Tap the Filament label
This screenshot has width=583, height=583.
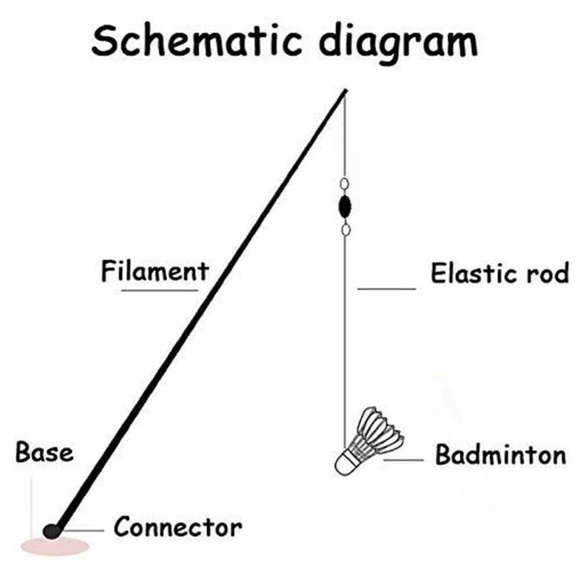click(x=154, y=271)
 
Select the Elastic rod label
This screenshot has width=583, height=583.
click(x=499, y=273)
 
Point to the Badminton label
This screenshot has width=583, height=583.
click(x=500, y=455)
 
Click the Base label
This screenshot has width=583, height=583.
click(x=45, y=453)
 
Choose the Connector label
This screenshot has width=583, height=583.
click(x=178, y=528)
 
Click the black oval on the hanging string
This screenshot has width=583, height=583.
click(x=345, y=206)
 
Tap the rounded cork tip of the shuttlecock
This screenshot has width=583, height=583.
click(x=344, y=463)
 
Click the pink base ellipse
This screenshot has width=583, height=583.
click(x=55, y=546)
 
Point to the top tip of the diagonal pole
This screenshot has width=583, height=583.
click(x=345, y=91)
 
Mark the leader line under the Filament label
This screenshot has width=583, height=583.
click(x=159, y=289)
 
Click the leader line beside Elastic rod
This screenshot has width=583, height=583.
click(x=386, y=288)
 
